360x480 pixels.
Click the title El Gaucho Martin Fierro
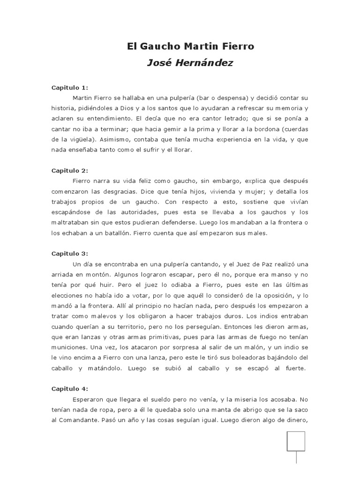coord(190,47)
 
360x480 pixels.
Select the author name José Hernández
coord(190,63)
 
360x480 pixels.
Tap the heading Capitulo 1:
coord(69,88)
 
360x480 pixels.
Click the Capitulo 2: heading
coord(69,171)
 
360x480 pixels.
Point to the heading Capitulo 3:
coord(69,253)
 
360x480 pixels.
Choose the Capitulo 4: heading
coord(69,389)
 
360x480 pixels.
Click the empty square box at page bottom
coord(296,441)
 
